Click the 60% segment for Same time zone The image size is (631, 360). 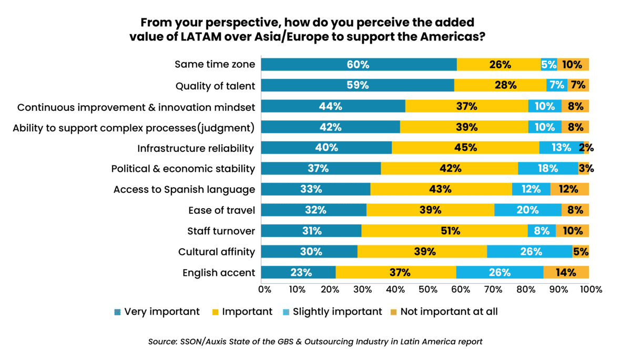pos(358,65)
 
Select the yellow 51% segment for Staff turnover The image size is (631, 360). pos(444,231)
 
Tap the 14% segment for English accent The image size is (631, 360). pos(566,272)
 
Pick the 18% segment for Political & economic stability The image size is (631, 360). pos(547,169)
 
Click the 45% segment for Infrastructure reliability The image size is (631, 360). pos(465,148)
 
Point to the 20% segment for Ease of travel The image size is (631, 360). pos(528,210)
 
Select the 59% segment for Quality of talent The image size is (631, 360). pos(357,85)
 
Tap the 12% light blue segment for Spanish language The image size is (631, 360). pos(531,189)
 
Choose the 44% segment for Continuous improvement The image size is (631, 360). pos(332,106)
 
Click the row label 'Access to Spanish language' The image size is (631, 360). pos(184,190)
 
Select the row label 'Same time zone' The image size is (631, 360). pos(215,65)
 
